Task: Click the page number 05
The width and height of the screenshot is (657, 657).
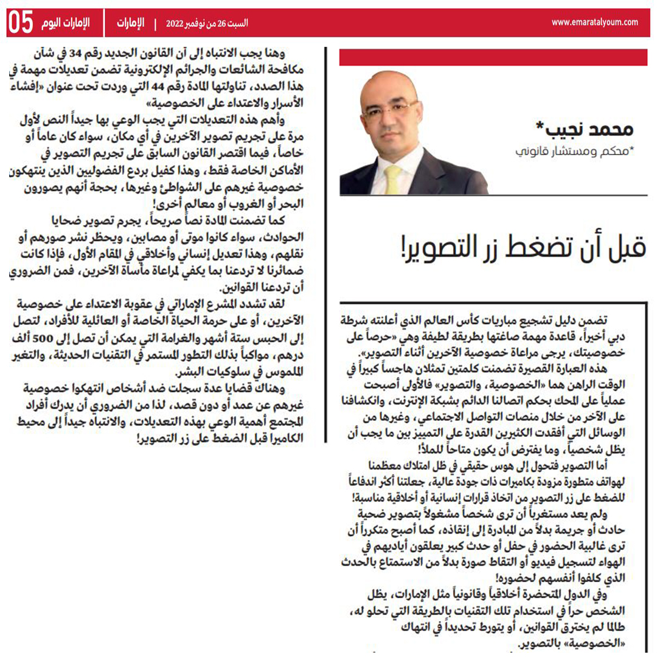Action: [x=20, y=23]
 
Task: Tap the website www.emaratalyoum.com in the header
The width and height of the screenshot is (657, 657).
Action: [x=594, y=23]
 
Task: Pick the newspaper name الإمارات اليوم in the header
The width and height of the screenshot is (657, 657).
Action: [x=66, y=24]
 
